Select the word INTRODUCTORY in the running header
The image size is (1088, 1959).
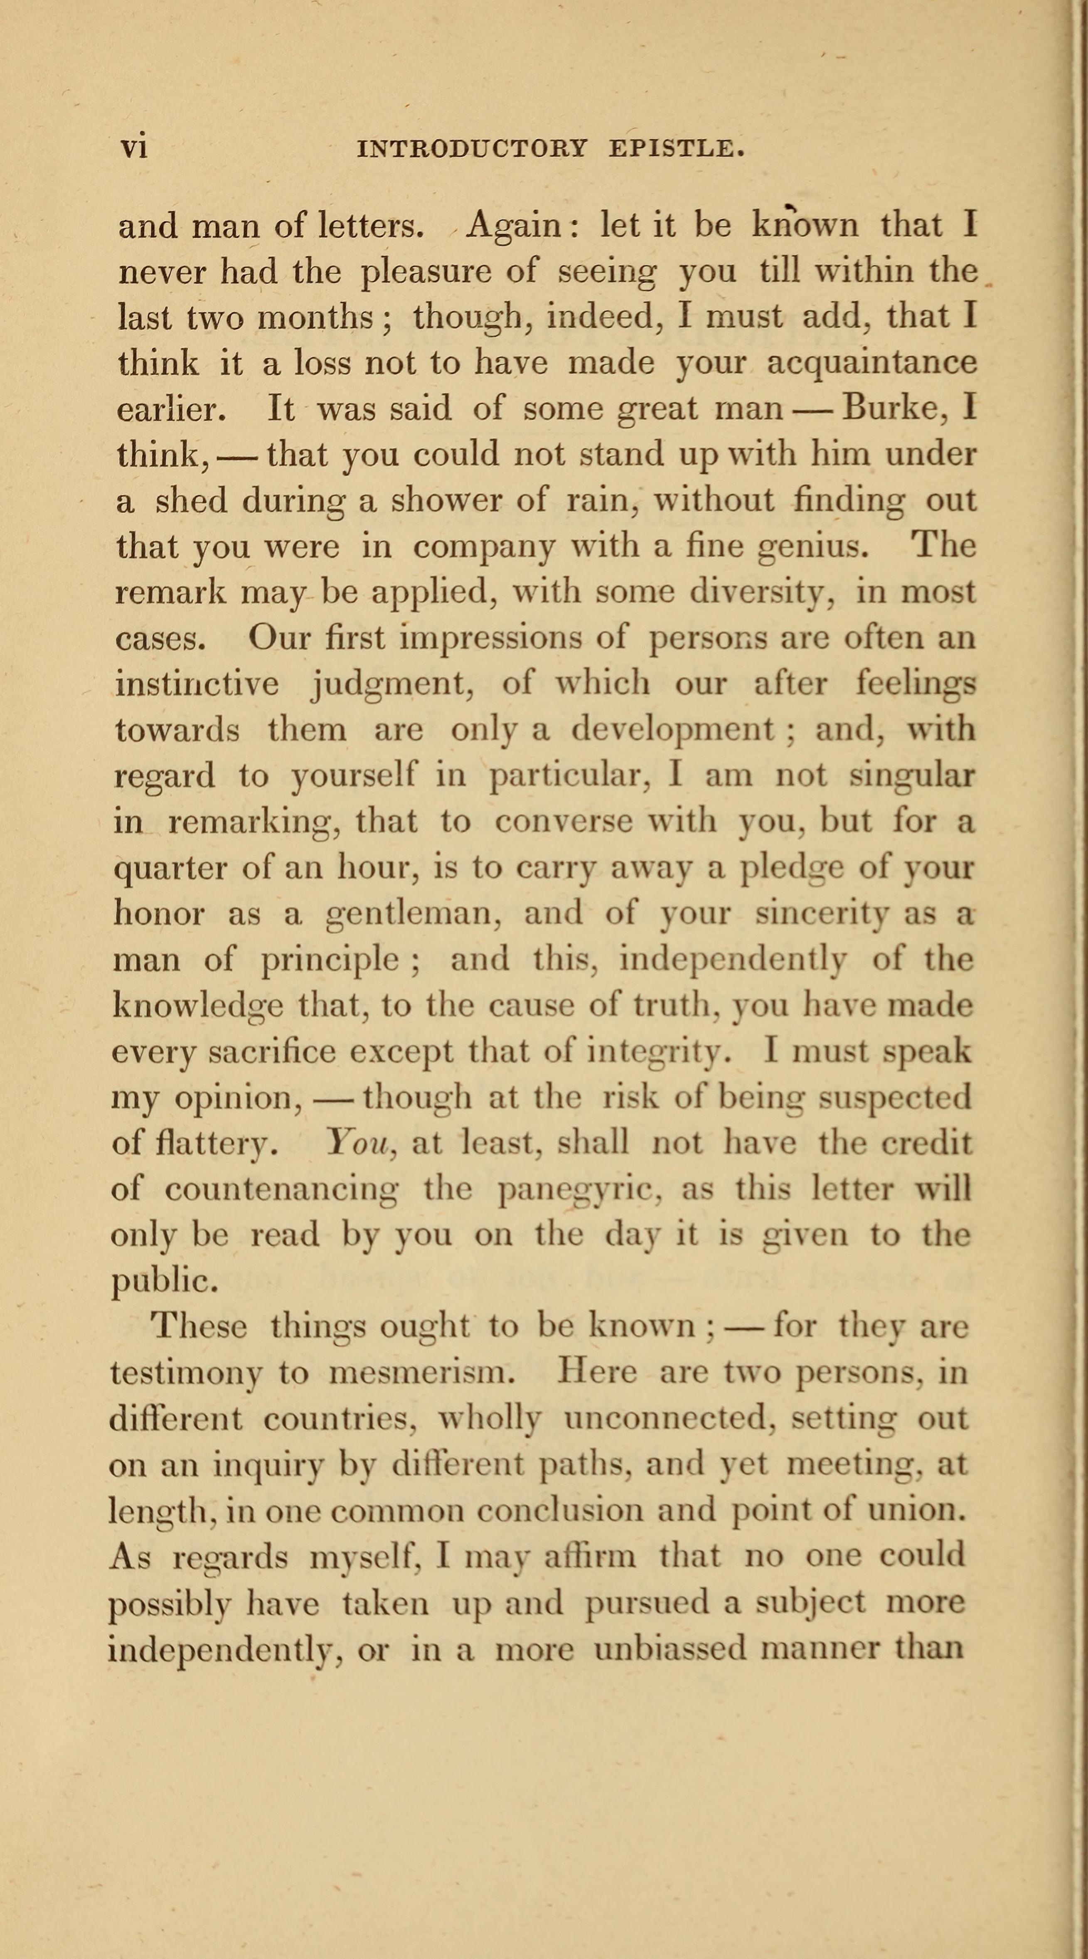pyautogui.click(x=472, y=148)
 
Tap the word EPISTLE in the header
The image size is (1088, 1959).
pyautogui.click(x=676, y=148)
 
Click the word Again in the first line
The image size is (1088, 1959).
pyautogui.click(x=513, y=225)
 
